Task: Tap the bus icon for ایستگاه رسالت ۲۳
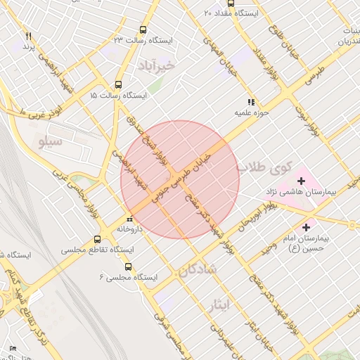point(143,30)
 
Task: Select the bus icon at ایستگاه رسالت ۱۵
point(117,84)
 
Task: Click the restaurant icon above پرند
point(28,35)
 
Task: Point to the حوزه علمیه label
point(252,112)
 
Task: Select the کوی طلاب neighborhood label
point(261,168)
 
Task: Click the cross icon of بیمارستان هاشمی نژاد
point(302,181)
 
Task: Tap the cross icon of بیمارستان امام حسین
point(306,227)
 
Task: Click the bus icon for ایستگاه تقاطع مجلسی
point(98,239)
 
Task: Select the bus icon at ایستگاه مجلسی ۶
point(128,266)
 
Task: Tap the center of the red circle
point(180,180)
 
